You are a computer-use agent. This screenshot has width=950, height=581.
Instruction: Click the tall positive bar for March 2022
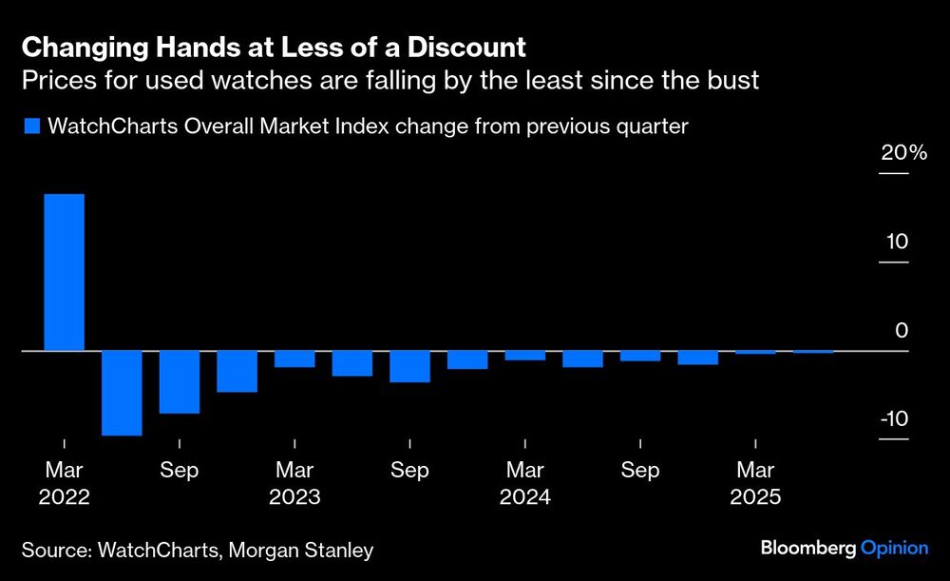tap(64, 273)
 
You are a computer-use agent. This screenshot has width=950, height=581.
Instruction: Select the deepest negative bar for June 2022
tap(122, 393)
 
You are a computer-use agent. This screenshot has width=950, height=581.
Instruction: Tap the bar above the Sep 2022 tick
tap(180, 382)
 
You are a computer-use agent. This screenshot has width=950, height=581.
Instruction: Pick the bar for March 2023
tap(294, 359)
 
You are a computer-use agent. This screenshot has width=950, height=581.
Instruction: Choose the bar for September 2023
tap(409, 367)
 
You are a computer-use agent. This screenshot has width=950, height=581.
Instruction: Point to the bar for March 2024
tap(524, 356)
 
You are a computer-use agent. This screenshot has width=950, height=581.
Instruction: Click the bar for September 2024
tap(639, 357)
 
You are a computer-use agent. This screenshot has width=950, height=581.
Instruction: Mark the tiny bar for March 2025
tap(755, 353)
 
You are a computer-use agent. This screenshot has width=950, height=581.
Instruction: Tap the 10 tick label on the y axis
tap(898, 242)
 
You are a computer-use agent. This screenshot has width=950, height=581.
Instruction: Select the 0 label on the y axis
tap(902, 330)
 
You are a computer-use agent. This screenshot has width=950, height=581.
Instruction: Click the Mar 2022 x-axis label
tap(64, 483)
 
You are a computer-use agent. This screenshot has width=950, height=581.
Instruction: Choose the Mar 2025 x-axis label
tap(755, 483)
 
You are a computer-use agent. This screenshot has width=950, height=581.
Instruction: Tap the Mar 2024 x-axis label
tap(524, 483)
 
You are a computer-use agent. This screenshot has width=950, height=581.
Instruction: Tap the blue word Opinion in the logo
tap(893, 548)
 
